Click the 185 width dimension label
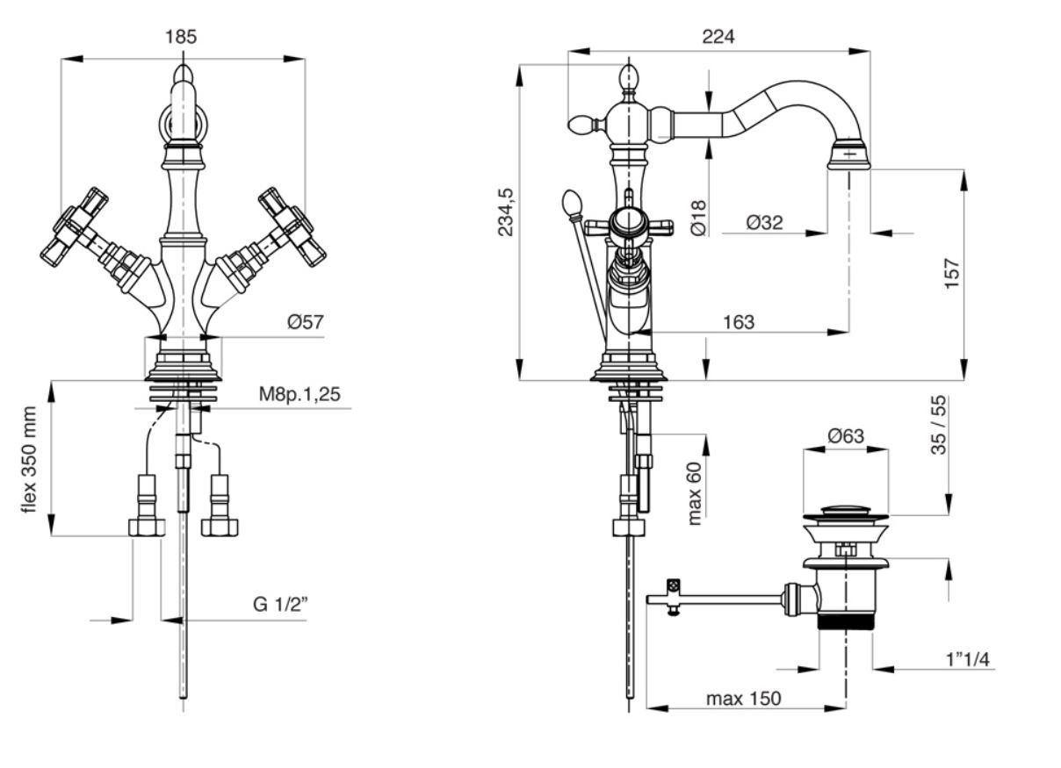click(x=181, y=37)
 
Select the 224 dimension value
click(x=718, y=37)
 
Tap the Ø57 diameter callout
click(x=305, y=323)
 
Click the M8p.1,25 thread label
click(x=299, y=394)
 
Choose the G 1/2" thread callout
click(x=281, y=605)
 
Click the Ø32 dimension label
click(x=764, y=223)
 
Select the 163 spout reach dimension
click(x=739, y=322)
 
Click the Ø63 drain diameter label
click(x=846, y=436)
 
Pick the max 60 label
click(x=696, y=493)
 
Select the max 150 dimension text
click(x=743, y=700)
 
